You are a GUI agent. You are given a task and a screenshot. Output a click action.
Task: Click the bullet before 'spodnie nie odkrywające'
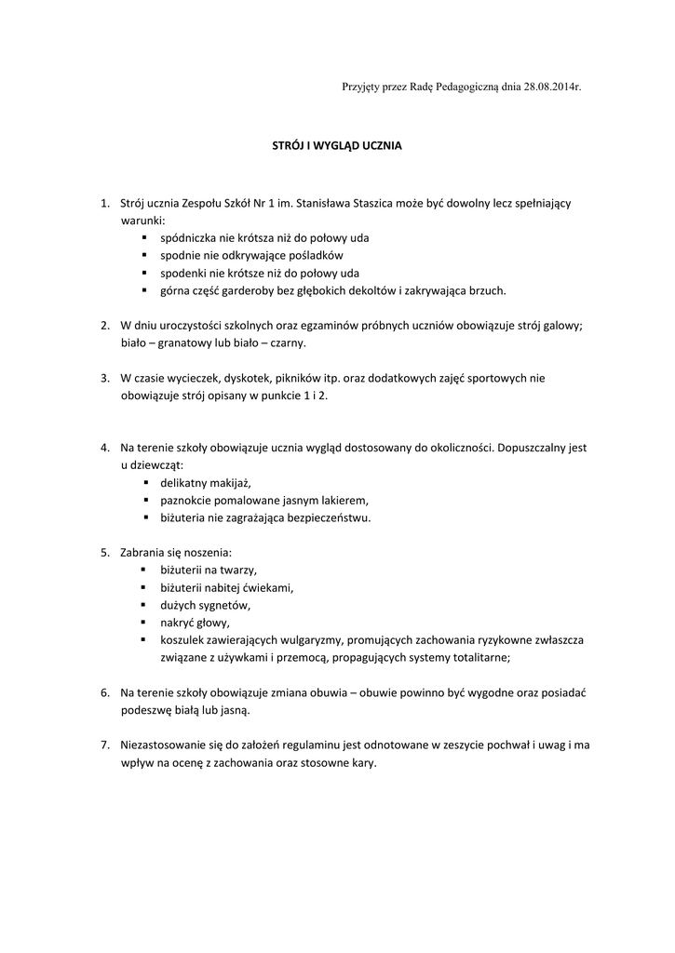pyautogui.click(x=145, y=255)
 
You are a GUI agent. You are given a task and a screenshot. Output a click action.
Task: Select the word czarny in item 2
pyautogui.click(x=286, y=343)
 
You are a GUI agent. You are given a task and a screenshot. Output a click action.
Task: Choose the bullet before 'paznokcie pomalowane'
pyautogui.click(x=145, y=501)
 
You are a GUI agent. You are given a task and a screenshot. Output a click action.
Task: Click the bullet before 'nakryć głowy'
pyautogui.click(x=145, y=623)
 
